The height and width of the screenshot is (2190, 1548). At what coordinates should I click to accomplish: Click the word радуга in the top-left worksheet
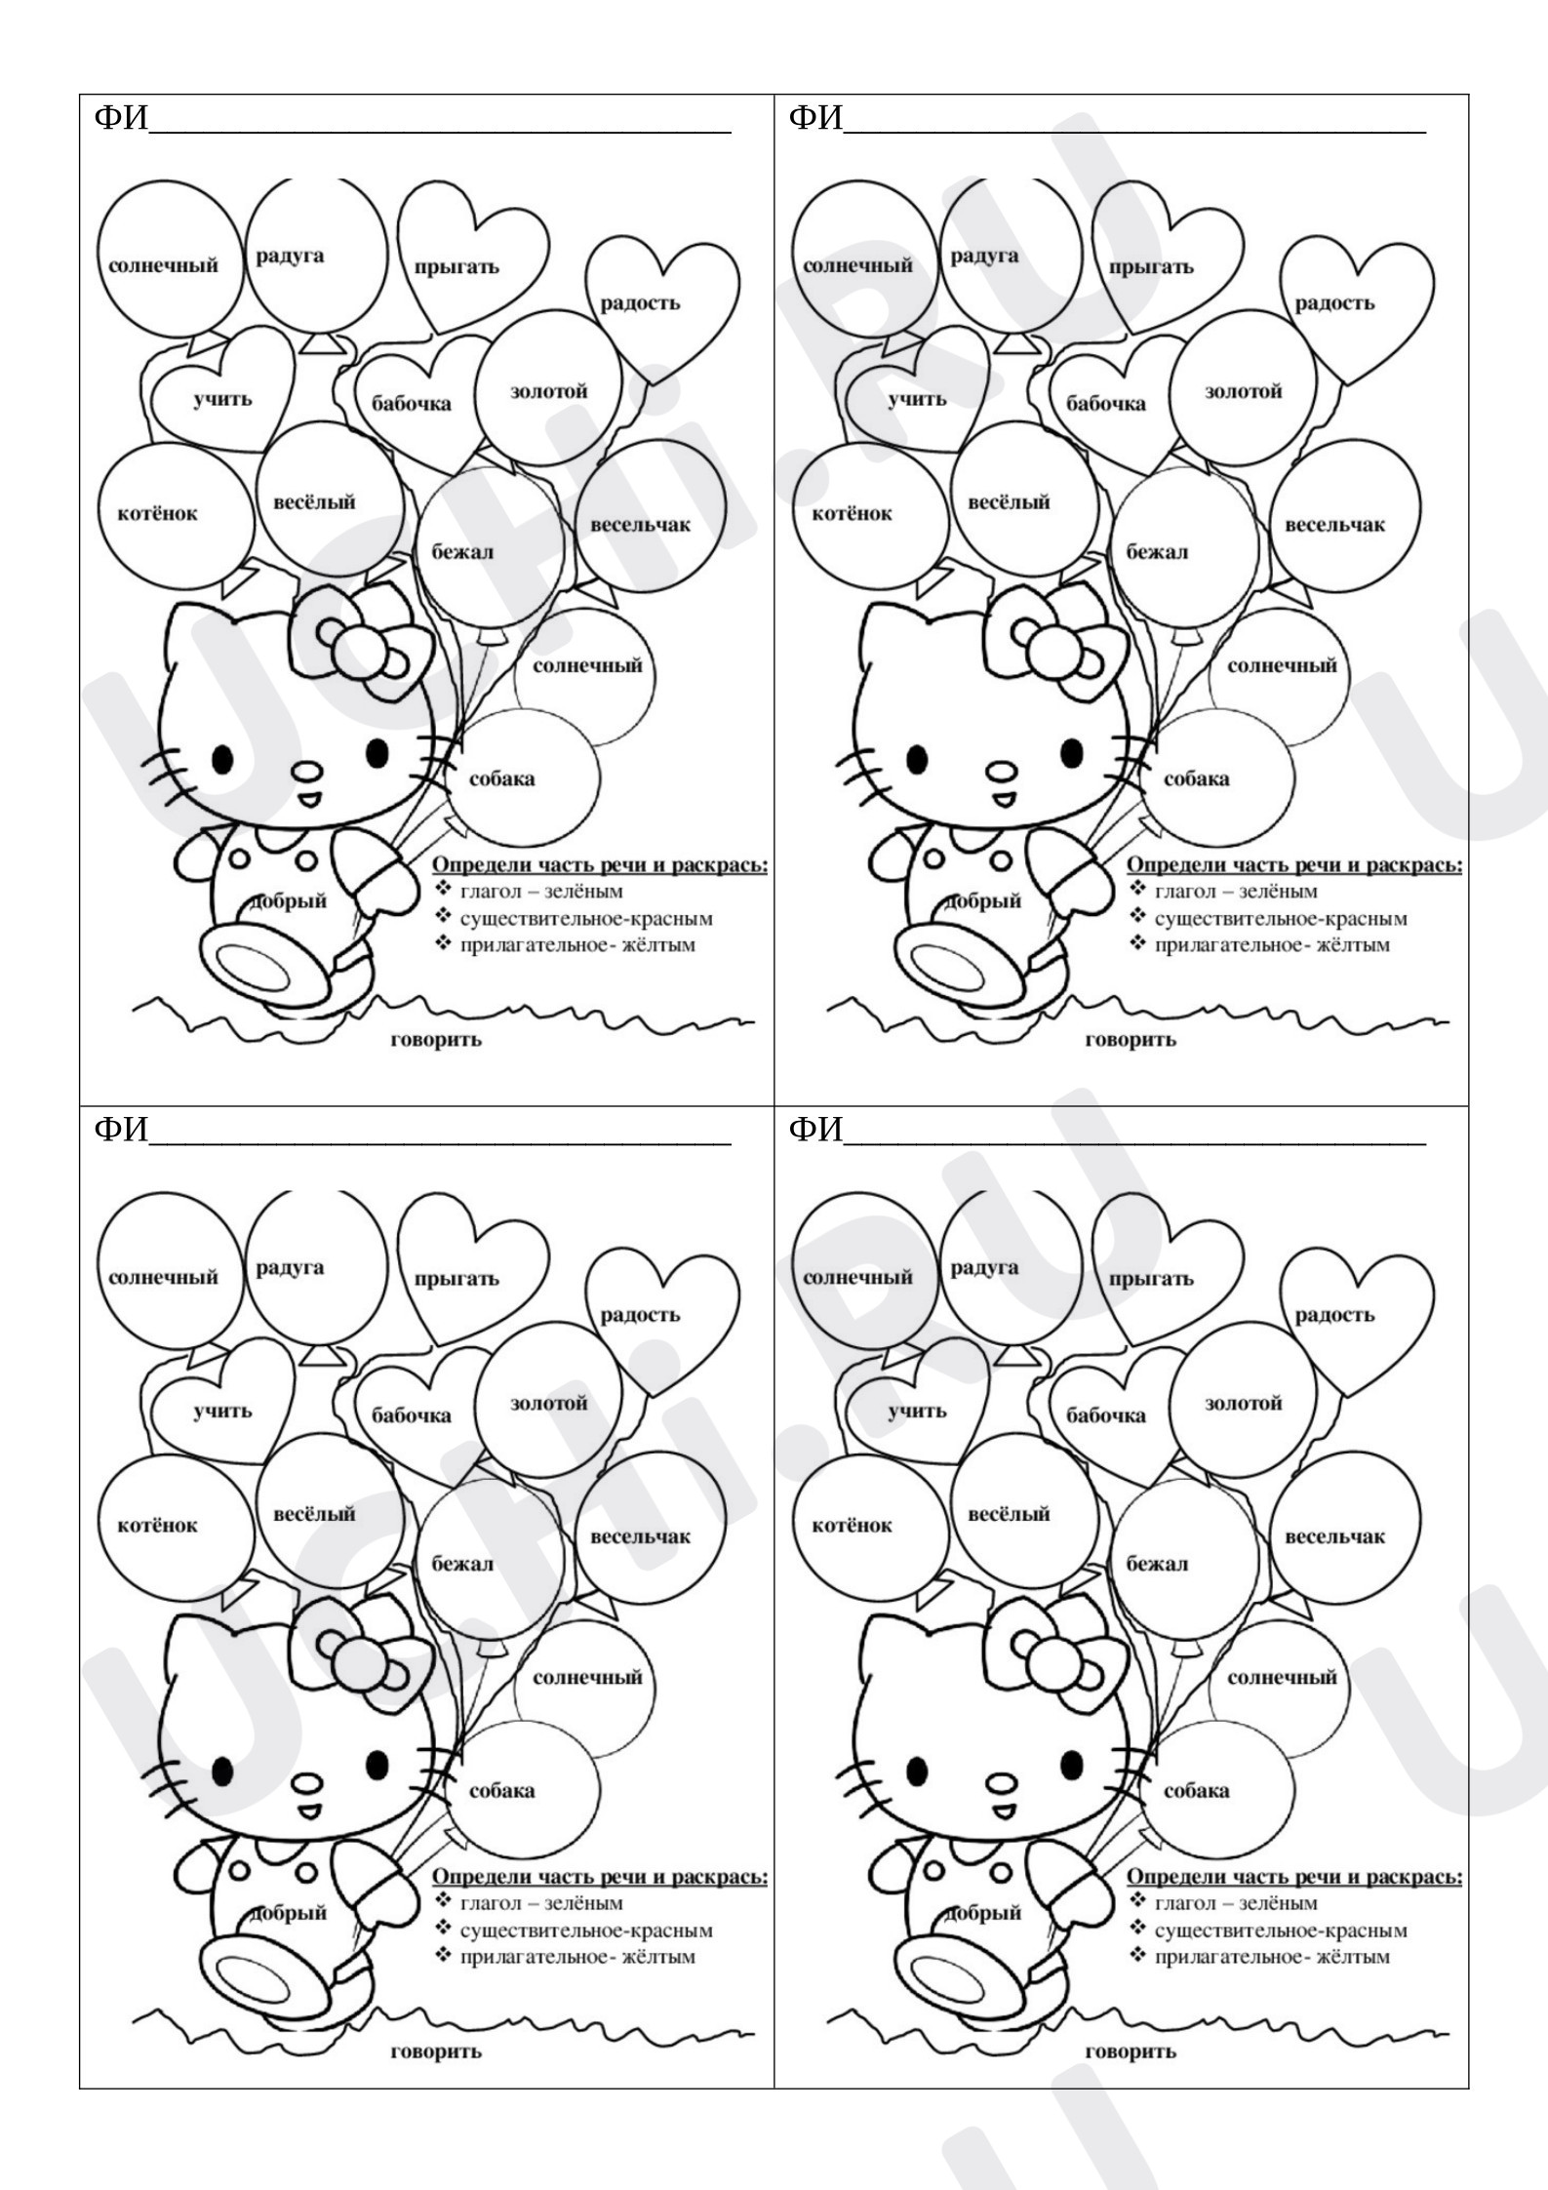(x=290, y=258)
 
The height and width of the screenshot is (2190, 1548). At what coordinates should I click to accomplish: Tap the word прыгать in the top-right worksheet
(x=1151, y=267)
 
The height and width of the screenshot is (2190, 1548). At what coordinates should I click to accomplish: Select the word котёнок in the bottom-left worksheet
(x=157, y=1525)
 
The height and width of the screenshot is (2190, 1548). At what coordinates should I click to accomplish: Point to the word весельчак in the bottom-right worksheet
(x=1334, y=1536)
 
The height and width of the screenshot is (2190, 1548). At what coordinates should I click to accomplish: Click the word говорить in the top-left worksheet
(x=436, y=1040)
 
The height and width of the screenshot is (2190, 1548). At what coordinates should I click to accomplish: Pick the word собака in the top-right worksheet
(x=1196, y=779)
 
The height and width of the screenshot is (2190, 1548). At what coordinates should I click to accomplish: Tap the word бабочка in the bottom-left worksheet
(x=411, y=1415)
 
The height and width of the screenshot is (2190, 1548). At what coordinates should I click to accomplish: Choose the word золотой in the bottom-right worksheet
(x=1244, y=1404)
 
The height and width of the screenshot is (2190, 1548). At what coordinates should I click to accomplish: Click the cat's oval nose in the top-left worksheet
(x=306, y=771)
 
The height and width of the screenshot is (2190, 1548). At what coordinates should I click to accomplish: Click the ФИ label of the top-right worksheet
(x=815, y=118)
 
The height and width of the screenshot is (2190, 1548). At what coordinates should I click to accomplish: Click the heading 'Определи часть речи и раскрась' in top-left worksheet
(x=600, y=866)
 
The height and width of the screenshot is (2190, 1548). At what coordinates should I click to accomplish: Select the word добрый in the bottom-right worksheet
(x=984, y=1912)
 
